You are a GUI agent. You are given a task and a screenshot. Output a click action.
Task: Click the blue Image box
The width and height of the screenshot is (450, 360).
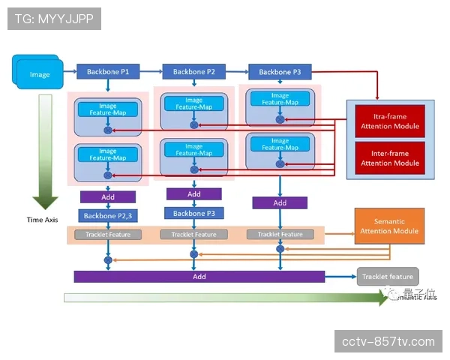coord(38,74)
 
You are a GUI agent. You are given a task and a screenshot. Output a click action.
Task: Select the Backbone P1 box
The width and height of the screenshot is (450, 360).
coord(108,72)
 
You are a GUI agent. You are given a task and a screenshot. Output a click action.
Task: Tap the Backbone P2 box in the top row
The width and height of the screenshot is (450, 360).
coord(193,72)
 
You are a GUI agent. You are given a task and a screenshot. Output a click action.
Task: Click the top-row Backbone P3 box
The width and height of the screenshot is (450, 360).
coord(280,72)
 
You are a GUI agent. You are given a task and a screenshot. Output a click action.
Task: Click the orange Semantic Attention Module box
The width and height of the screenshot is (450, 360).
coord(389,226)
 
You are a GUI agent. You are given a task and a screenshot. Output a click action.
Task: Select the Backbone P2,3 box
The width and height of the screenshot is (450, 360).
coord(108,216)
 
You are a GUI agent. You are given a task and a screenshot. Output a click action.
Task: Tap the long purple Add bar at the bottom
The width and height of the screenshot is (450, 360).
coord(199,277)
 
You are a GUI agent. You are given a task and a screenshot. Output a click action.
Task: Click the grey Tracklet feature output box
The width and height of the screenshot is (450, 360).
coord(387,277)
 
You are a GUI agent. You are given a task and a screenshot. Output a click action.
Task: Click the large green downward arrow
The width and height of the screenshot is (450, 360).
coord(45,150)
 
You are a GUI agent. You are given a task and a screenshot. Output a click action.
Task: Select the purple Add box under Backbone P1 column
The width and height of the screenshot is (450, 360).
coord(108,197)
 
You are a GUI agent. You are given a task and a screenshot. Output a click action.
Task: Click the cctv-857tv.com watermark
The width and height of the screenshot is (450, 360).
coord(387,341)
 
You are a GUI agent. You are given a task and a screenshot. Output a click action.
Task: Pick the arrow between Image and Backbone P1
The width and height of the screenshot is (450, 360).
coord(69,72)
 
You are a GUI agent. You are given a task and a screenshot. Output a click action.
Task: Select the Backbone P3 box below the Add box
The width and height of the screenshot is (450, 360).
coord(193,213)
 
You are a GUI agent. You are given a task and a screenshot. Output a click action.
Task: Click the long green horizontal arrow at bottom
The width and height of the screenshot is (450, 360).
coord(225,298)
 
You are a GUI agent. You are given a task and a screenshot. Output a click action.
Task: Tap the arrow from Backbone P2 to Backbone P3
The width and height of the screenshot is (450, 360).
coord(236,72)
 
